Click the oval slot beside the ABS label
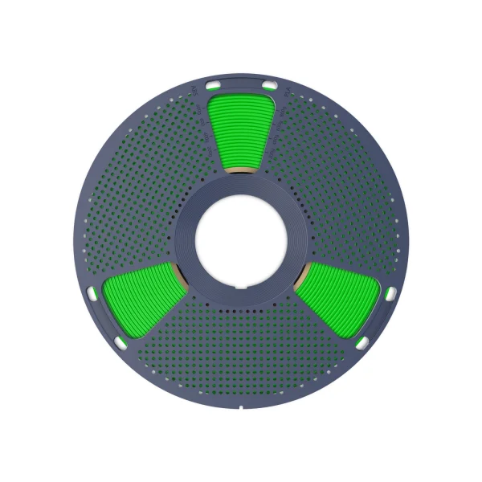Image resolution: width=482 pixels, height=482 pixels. pos(214,84)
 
